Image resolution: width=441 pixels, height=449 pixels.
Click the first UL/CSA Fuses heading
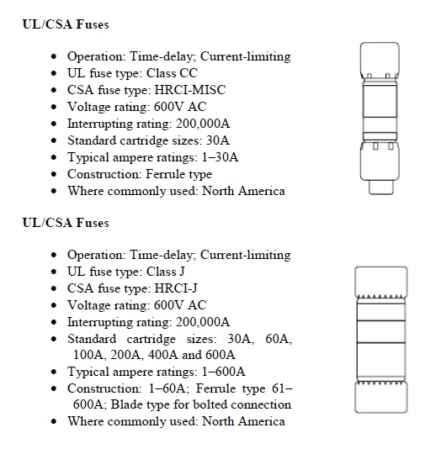point(65,24)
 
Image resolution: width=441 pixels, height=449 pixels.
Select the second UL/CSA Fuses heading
point(65,223)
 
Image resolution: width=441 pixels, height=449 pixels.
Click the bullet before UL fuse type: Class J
point(55,272)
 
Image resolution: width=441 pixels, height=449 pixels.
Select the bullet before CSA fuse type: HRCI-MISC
point(55,90)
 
